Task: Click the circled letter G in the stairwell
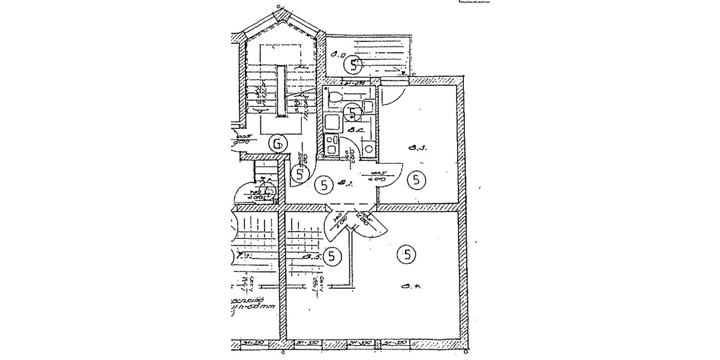(x=277, y=143)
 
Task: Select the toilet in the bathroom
(x=335, y=96)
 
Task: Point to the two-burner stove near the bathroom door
(x=331, y=144)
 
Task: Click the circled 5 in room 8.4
(x=407, y=256)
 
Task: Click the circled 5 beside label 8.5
(x=332, y=256)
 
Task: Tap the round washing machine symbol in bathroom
(x=369, y=148)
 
